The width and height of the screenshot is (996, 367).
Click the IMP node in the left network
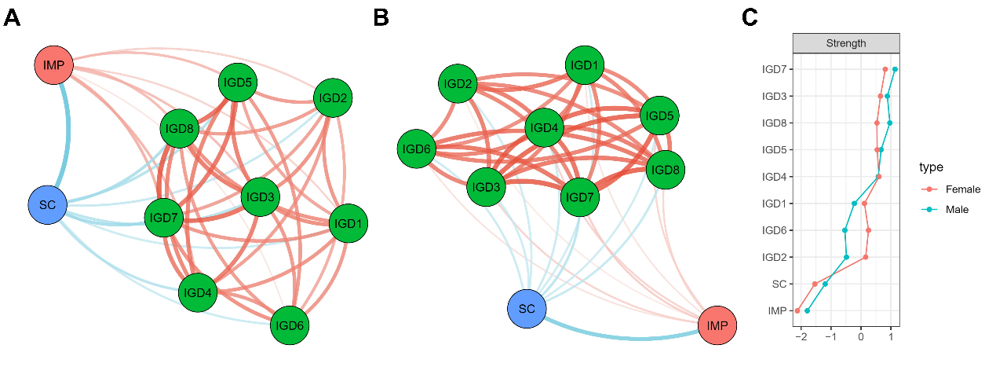(54, 64)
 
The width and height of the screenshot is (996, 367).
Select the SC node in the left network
(47, 204)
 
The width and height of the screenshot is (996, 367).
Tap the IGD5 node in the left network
(238, 82)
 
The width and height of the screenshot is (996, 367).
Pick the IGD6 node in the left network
(290, 325)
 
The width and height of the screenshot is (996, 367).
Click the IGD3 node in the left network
(259, 196)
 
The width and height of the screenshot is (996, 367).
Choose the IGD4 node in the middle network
(544, 127)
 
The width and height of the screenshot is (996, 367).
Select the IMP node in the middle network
(717, 325)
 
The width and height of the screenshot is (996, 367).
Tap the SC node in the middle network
(527, 309)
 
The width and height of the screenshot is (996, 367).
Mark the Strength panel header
(846, 43)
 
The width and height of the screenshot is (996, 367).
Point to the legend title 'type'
(931, 167)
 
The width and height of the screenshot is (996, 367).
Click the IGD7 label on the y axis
(775, 69)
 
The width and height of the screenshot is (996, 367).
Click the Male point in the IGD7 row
(895, 69)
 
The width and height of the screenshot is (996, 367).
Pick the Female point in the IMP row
(797, 310)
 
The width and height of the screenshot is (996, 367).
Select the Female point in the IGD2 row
(866, 257)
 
